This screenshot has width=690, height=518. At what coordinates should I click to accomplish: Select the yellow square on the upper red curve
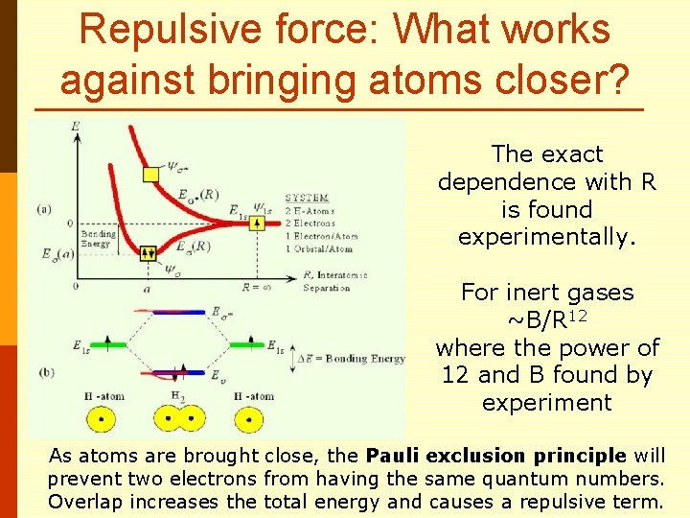tap(150, 174)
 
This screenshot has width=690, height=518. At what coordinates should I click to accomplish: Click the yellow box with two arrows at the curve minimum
tap(148, 253)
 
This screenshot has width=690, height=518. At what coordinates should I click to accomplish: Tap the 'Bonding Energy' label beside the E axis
tap(98, 238)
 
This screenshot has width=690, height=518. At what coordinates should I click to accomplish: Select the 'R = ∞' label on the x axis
tap(258, 287)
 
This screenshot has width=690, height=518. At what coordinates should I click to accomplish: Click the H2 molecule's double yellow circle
tap(170, 418)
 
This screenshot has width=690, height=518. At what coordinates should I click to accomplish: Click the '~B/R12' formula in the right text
tap(546, 318)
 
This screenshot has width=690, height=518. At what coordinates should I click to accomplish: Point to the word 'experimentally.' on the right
tap(547, 236)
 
